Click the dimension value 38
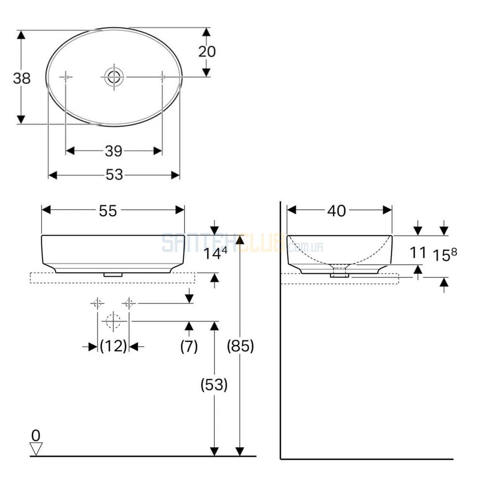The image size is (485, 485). pyautogui.click(x=22, y=78)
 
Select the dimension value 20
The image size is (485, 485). pyautogui.click(x=207, y=51)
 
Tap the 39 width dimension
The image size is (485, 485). pyautogui.click(x=114, y=151)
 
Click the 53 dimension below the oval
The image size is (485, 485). pyautogui.click(x=114, y=175)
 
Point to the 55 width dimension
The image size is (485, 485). pyautogui.click(x=108, y=211)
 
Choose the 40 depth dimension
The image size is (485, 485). pyautogui.click(x=337, y=211)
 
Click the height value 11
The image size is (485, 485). pyautogui.click(x=418, y=253)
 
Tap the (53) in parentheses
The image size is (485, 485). pyautogui.click(x=214, y=385)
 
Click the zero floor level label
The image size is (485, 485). pyautogui.click(x=36, y=436)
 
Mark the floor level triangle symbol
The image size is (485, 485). pyautogui.click(x=36, y=449)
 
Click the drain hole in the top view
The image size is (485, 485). pyautogui.click(x=114, y=77)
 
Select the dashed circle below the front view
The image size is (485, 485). pyautogui.click(x=113, y=321)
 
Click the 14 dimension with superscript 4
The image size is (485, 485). pyautogui.click(x=215, y=253)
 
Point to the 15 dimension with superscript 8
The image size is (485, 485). pyautogui.click(x=444, y=255)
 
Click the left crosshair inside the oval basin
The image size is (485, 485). pyautogui.click(x=65, y=77)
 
